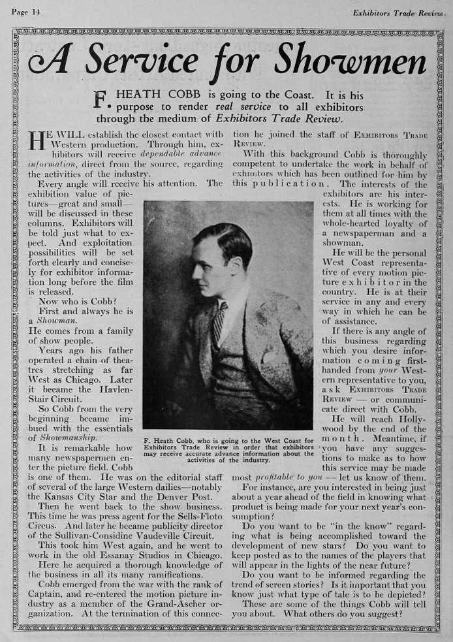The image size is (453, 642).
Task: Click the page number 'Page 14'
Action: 25,12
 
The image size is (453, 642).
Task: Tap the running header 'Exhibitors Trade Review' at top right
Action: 398,12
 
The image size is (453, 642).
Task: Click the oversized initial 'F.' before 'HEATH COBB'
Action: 101,99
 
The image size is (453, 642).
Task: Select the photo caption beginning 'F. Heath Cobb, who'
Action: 228,451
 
